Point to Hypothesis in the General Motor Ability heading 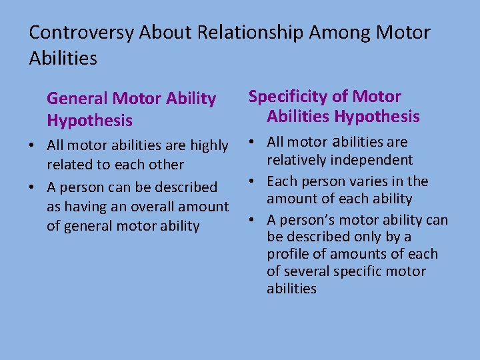pyautogui.click(x=89, y=121)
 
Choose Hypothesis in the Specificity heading pyautogui.click(x=377, y=117)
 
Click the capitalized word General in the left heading pyautogui.click(x=77, y=99)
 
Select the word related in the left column pyautogui.click(x=69, y=164)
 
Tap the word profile pyautogui.click(x=286, y=254)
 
